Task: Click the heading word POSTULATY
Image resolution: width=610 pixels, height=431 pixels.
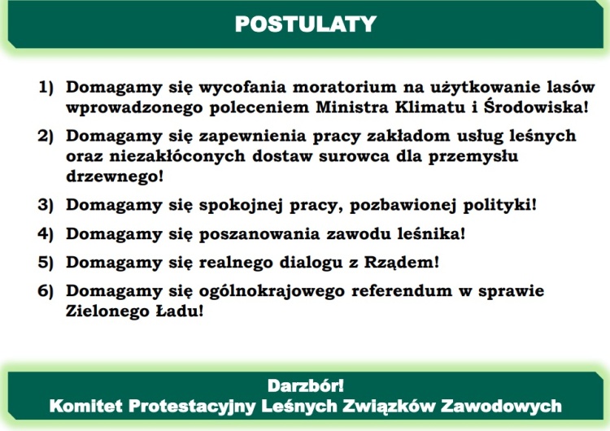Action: (305, 24)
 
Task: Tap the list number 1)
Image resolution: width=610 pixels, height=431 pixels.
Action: (46, 87)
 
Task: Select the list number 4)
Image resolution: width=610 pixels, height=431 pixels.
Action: (45, 233)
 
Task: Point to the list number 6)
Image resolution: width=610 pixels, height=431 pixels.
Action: (45, 291)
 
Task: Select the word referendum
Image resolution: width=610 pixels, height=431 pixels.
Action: (402, 291)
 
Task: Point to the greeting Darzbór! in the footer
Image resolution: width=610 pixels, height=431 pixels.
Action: (305, 386)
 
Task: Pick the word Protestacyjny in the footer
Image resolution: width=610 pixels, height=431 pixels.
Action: (192, 407)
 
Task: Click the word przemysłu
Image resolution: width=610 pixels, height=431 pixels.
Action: (473, 156)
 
